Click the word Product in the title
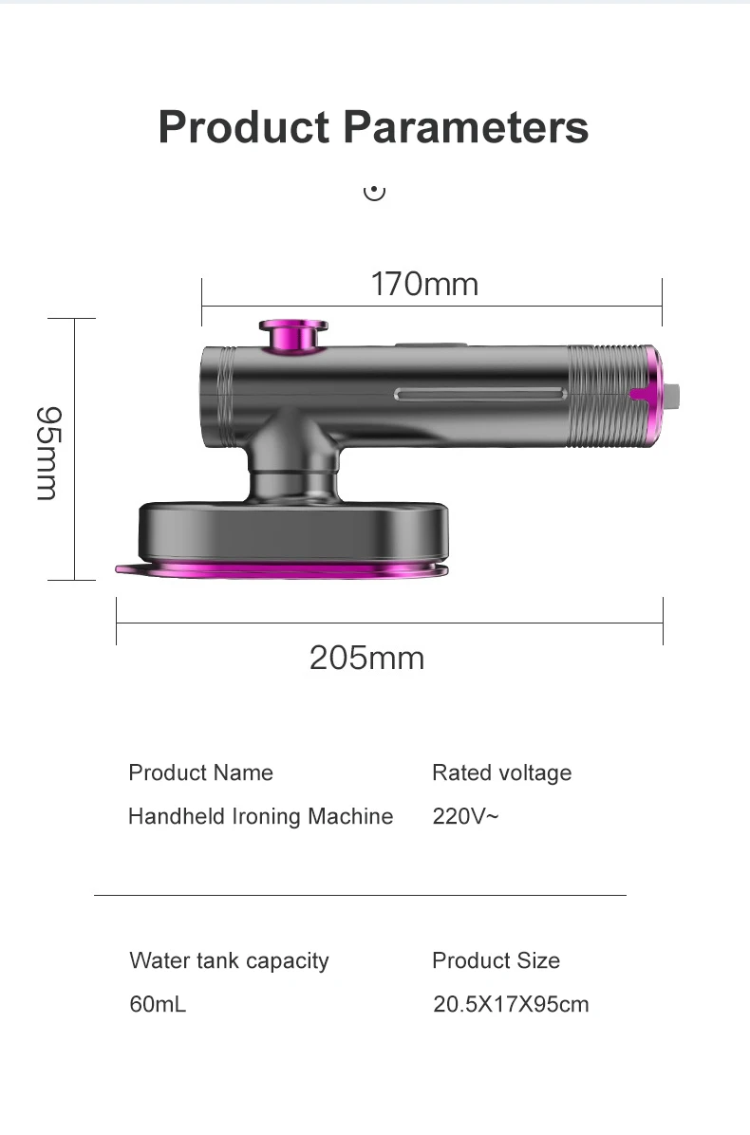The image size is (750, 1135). pyautogui.click(x=243, y=127)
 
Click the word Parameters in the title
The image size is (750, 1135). pyautogui.click(x=465, y=127)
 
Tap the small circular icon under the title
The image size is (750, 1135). pyautogui.click(x=374, y=192)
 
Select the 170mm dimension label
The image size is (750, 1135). pyautogui.click(x=424, y=284)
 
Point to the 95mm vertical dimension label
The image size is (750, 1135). pyautogui.click(x=47, y=453)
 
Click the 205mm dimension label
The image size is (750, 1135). pyautogui.click(x=366, y=658)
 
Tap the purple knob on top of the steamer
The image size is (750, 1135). pyautogui.click(x=292, y=334)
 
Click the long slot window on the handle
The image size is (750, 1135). pyautogui.click(x=480, y=394)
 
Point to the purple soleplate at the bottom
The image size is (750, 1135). pyautogui.click(x=285, y=568)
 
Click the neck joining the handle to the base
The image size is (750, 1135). pyautogui.click(x=291, y=460)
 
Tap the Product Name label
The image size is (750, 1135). pyautogui.click(x=200, y=772)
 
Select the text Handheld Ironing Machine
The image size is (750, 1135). pyautogui.click(x=260, y=816)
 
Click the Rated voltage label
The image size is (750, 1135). pyautogui.click(x=501, y=772)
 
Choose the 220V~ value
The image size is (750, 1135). pyautogui.click(x=464, y=816)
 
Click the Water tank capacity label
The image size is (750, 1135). pyautogui.click(x=229, y=960)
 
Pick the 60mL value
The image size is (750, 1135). pyautogui.click(x=158, y=1004)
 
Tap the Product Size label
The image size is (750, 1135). pyautogui.click(x=496, y=960)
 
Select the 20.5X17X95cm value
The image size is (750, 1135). pyautogui.click(x=511, y=1004)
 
